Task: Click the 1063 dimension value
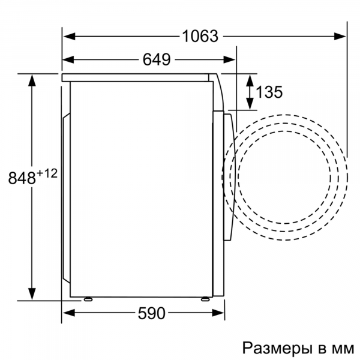click(200, 36)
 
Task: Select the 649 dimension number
click(157, 59)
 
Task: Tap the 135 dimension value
click(269, 92)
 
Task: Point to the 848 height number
click(22, 178)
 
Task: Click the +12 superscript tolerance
click(47, 173)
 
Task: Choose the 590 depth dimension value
click(151, 313)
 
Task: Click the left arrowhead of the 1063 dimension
click(70, 36)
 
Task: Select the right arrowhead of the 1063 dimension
click(340, 36)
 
